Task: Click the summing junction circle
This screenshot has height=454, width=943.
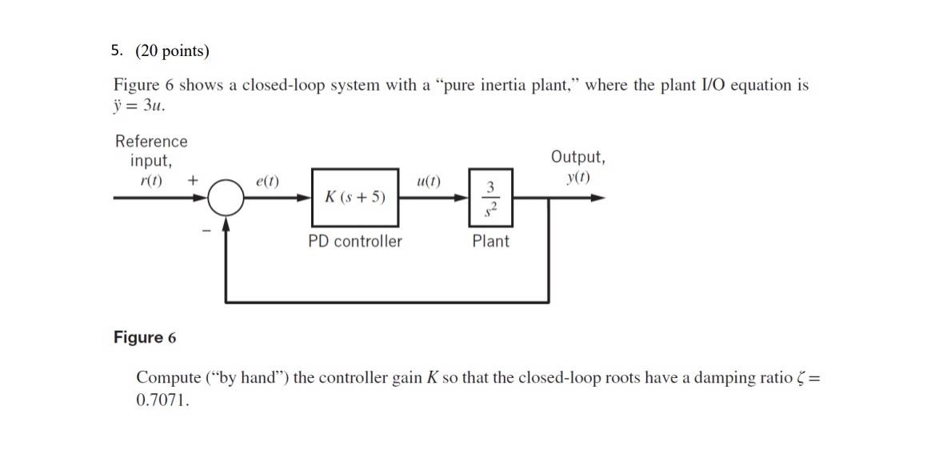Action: coord(226,197)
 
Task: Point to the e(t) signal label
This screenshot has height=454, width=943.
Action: coord(267,181)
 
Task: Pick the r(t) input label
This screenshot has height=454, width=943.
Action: coord(150,179)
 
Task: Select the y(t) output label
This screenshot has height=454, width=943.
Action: coord(577,177)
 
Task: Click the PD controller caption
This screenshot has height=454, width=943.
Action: coord(355,241)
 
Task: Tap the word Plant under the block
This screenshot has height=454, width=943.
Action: coord(490,241)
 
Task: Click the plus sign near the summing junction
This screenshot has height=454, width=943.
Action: coord(192,180)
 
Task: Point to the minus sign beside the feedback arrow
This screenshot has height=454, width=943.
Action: coord(206,231)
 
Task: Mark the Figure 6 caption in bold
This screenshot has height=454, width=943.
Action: coord(144,337)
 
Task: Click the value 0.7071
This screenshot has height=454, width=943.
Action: coord(163,400)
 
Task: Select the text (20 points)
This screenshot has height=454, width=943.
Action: coord(172,52)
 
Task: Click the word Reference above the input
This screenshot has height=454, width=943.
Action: coord(151,142)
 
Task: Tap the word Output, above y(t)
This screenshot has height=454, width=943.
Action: coord(577,157)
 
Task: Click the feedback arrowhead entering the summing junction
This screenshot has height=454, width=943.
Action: coord(226,224)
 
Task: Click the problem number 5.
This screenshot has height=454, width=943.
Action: coord(117,52)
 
